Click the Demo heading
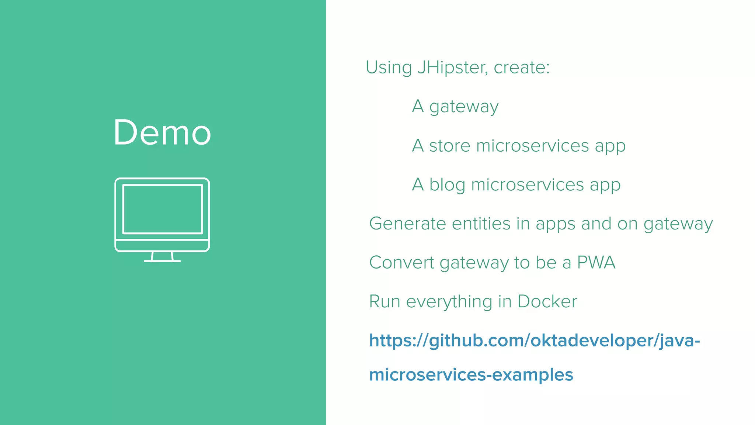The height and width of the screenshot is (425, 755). pos(162,133)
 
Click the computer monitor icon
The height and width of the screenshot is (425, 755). pos(162,214)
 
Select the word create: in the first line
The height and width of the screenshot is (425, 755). pos(522,68)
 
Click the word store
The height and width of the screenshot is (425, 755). pos(450,146)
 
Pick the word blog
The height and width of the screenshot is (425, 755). pos(447,184)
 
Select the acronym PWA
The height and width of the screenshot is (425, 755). pos(596,263)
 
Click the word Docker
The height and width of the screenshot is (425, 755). pos(547,302)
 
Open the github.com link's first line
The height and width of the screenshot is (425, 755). pos(534,341)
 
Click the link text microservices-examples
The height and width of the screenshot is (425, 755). pos(471,375)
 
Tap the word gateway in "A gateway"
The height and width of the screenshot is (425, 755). pos(464,107)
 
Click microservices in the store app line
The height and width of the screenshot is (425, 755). pos(532,146)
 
